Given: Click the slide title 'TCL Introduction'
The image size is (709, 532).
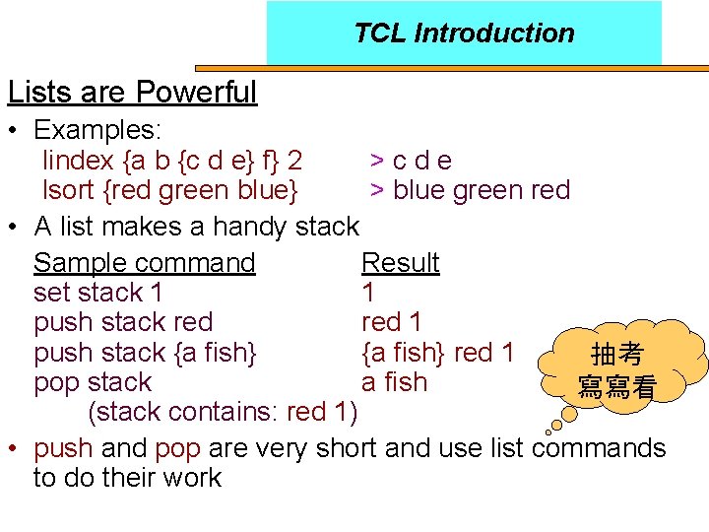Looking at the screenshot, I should point(464,33).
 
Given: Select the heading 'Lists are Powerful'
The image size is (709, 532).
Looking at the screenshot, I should point(132,93).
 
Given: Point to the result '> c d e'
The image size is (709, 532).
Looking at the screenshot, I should point(411,161).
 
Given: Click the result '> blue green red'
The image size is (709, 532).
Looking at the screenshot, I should point(470,190).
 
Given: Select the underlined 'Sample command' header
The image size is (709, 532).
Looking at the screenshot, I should point(144,263).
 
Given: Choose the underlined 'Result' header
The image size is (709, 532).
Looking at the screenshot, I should point(400,263).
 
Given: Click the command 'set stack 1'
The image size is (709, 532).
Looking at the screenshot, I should point(97,293).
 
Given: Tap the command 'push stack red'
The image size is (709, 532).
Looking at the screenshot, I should point(122,322).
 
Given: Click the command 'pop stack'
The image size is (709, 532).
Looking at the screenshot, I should point(92,382).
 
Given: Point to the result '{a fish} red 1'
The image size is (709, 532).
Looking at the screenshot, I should point(437,352).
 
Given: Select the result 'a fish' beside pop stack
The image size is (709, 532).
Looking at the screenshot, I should point(394,382).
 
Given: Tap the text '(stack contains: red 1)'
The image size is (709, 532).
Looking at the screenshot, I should point(223,411).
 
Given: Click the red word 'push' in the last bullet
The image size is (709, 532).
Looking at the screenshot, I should point(63,449).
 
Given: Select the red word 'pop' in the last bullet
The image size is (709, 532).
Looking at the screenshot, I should point(177,449).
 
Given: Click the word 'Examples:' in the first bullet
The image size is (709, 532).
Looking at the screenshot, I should point(97,130).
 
